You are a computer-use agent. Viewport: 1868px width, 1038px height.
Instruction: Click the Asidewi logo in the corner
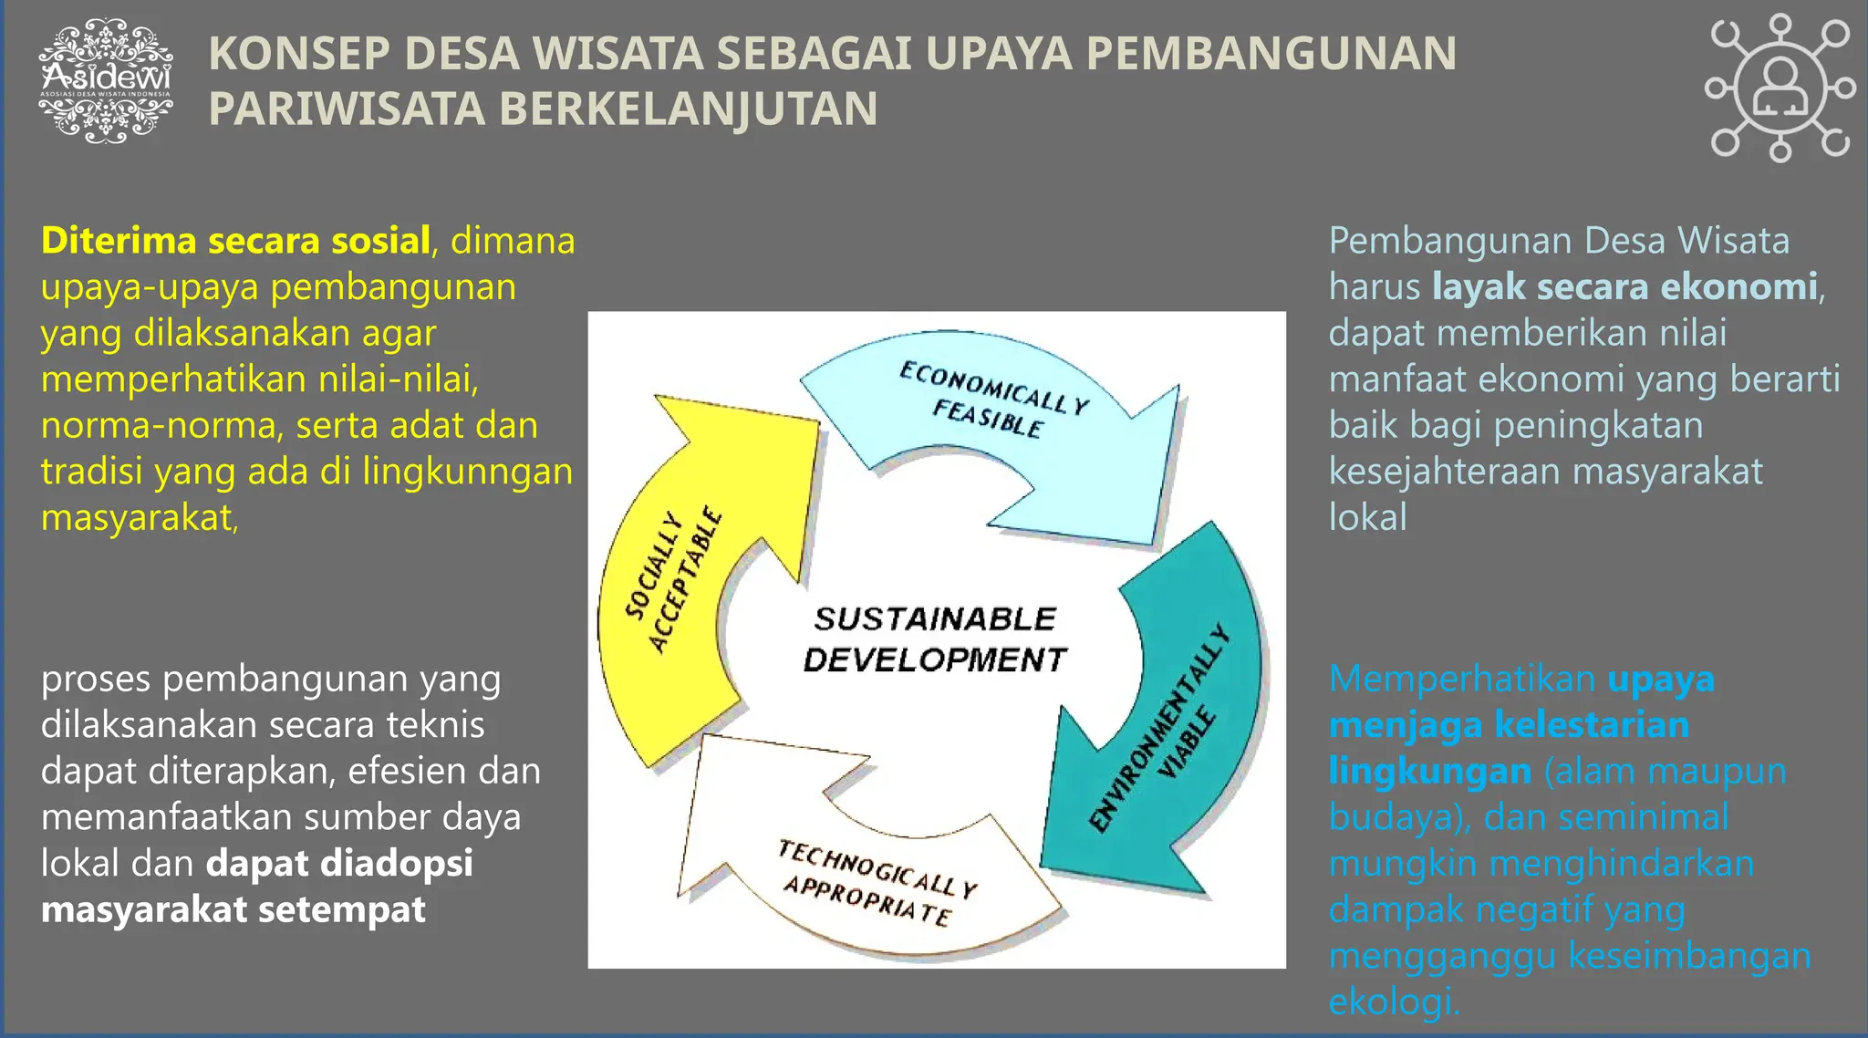[106, 81]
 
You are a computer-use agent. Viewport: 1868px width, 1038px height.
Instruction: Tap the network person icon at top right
[1780, 88]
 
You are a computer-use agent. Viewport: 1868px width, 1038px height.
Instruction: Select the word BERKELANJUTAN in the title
[688, 109]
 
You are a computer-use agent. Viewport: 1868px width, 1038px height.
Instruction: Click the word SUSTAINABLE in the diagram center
[935, 619]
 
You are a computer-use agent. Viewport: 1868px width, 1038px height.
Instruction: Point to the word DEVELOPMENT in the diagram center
[935, 659]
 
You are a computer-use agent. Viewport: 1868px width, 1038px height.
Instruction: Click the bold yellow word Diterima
[119, 241]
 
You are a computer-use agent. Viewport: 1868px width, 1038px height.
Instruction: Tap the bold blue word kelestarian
[1592, 725]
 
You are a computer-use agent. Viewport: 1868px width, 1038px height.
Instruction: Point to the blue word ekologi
[1393, 1002]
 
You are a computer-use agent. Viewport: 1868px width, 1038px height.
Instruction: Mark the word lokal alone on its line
[1367, 517]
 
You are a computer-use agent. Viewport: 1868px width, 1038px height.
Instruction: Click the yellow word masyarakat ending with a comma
[139, 518]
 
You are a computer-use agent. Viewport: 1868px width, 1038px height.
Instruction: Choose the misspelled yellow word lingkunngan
[467, 472]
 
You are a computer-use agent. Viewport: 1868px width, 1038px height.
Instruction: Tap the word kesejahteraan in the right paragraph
[1445, 472]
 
